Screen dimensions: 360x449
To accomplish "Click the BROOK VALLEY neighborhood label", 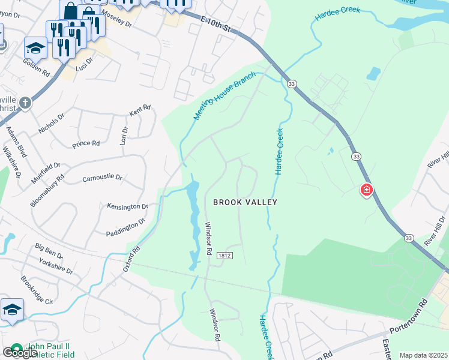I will pyautogui.click(x=246, y=202).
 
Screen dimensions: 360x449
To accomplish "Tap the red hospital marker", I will pyautogui.click(x=366, y=191).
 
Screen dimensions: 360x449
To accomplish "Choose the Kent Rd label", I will pyautogui.click(x=139, y=110).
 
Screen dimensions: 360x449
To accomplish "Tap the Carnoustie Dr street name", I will pyautogui.click(x=102, y=178).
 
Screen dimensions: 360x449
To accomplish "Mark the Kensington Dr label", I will pyautogui.click(x=127, y=206).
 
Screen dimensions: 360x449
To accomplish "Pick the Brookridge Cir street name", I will pyautogui.click(x=37, y=290).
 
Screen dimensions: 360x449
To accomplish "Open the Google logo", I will pyautogui.click(x=19, y=352).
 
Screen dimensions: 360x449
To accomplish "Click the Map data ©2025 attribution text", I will pyautogui.click(x=423, y=355).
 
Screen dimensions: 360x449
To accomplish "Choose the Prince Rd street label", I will pyautogui.click(x=85, y=143).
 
